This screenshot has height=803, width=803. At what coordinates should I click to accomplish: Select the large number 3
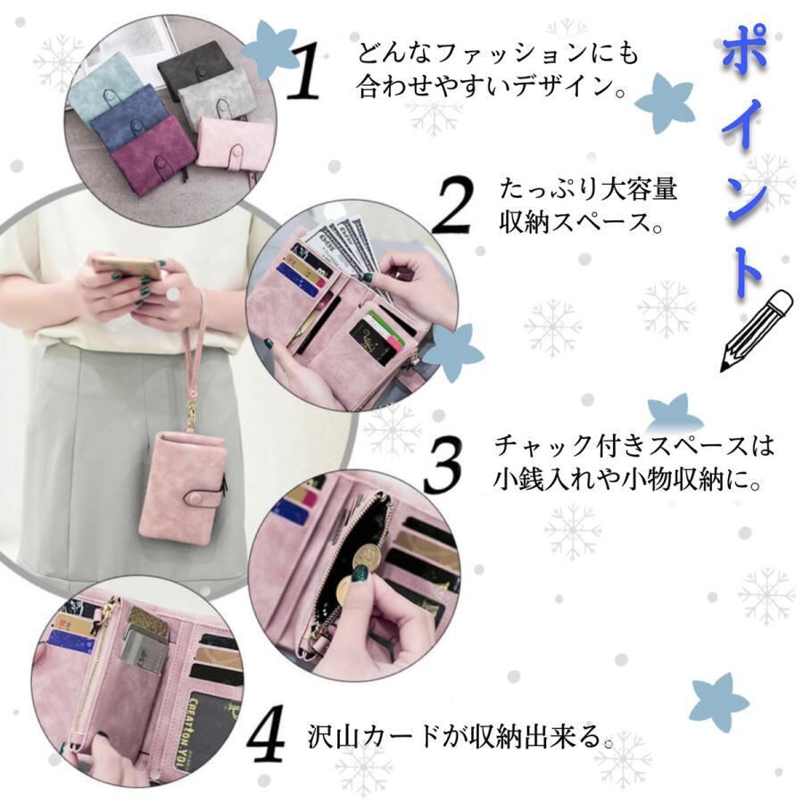pyautogui.click(x=443, y=466)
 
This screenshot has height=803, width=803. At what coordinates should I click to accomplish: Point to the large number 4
pyautogui.click(x=267, y=733)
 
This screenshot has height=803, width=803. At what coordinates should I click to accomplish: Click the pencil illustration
pyautogui.click(x=757, y=330)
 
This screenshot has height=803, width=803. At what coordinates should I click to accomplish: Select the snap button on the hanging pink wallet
pyautogui.click(x=199, y=497)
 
